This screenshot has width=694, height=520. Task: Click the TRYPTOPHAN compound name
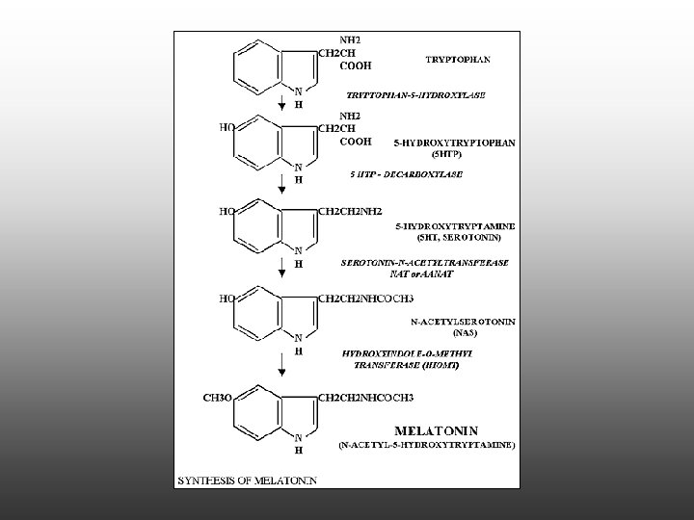[458, 59]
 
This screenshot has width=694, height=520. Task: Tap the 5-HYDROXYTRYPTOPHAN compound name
[455, 143]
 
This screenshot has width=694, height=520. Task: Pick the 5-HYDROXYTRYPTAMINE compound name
[456, 225]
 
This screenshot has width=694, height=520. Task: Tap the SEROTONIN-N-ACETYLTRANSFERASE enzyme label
[425, 262]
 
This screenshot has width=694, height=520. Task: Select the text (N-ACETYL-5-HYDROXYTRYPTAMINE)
[427, 445]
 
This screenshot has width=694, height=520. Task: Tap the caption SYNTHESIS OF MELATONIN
[246, 479]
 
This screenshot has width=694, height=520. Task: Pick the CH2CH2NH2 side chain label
[356, 210]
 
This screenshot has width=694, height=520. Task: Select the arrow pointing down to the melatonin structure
[280, 364]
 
